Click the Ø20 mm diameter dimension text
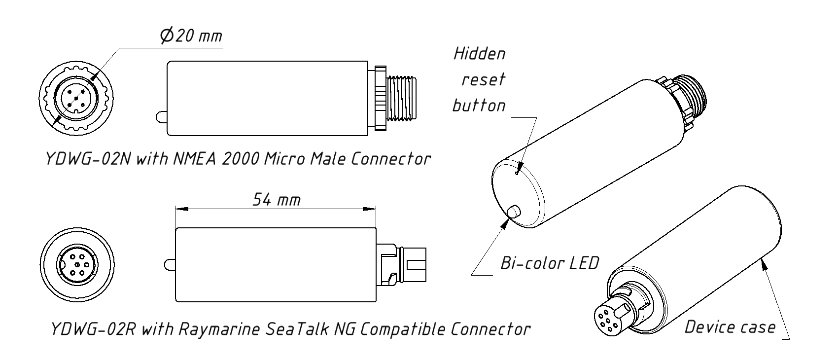(x=191, y=36)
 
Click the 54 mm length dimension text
(x=276, y=199)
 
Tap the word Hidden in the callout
(x=479, y=53)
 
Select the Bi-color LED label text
(x=549, y=263)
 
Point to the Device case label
(x=730, y=327)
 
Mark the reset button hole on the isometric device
(x=516, y=174)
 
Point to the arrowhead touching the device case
(x=764, y=264)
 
